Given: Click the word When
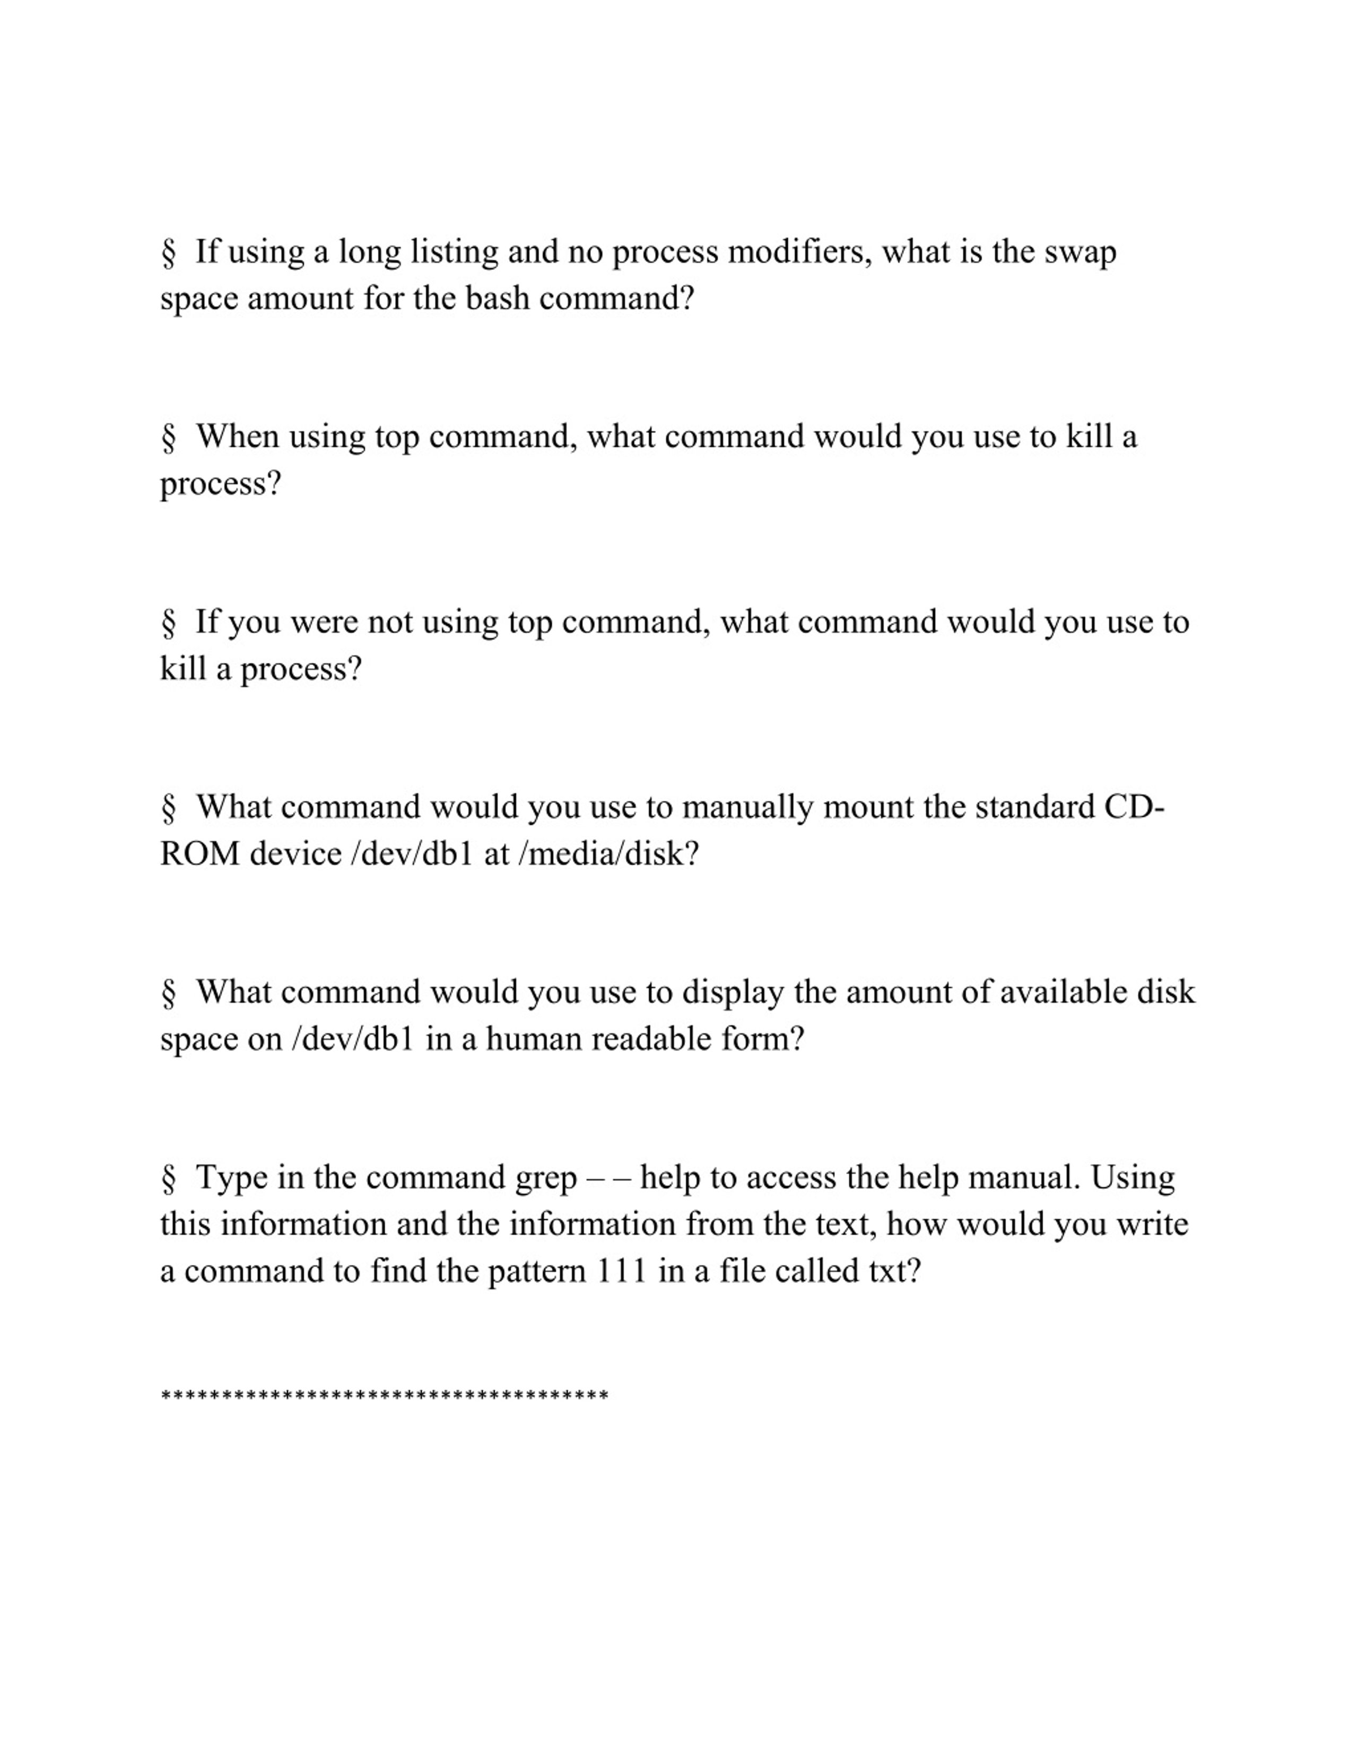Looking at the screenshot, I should point(237,438).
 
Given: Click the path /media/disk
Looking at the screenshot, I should point(608,854).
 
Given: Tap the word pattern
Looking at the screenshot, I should point(537,1272).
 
